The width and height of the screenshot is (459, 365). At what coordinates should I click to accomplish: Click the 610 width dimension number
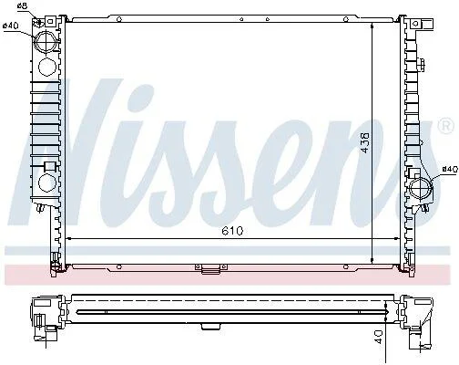point(232,231)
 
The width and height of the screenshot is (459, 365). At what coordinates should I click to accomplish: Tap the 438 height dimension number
point(364,142)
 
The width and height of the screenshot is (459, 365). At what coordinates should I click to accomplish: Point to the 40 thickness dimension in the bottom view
point(379,337)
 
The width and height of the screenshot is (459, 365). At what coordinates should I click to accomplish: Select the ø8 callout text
point(22,5)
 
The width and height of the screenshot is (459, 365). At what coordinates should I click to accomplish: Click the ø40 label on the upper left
point(11,26)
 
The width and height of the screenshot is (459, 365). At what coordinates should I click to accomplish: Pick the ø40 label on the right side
point(450,169)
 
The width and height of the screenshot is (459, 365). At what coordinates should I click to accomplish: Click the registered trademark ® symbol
point(445,126)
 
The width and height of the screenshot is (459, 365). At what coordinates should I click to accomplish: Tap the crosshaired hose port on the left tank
point(46,42)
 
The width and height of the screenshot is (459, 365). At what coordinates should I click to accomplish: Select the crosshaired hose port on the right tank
point(421,189)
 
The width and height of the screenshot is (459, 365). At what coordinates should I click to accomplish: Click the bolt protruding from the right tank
point(421,65)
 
